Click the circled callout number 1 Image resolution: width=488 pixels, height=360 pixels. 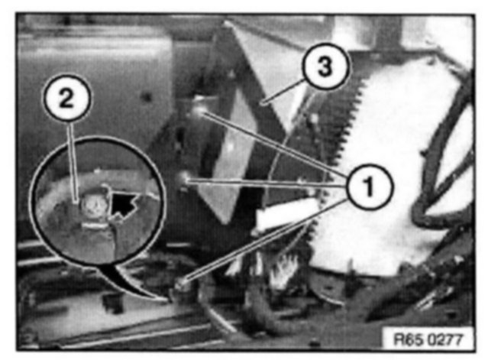point(370,186)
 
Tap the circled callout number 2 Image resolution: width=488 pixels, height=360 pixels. point(67,98)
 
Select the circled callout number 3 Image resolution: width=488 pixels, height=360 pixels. point(325,66)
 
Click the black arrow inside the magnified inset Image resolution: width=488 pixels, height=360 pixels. point(122,204)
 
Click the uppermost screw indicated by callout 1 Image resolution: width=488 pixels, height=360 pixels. point(199,111)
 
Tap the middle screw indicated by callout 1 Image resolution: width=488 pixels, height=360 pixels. point(185,179)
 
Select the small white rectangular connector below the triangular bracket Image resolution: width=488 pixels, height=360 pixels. point(286,215)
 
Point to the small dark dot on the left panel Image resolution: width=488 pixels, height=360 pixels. point(147,97)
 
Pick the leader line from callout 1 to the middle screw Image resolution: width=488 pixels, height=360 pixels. point(266,183)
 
